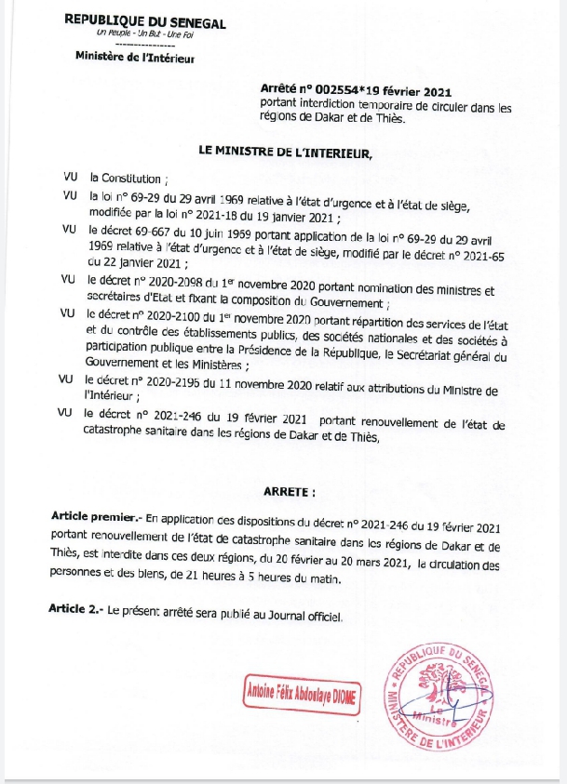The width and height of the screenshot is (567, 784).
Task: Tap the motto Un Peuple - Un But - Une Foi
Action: tap(145, 34)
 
